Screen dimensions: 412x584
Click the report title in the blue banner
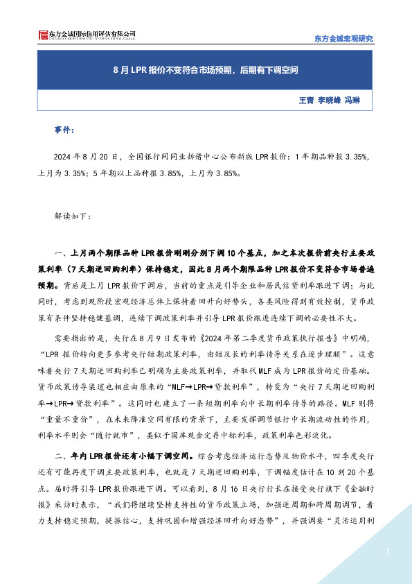(206, 71)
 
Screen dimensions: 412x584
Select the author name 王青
(305, 101)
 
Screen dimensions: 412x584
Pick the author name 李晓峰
(330, 101)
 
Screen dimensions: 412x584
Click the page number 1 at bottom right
(389, 552)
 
